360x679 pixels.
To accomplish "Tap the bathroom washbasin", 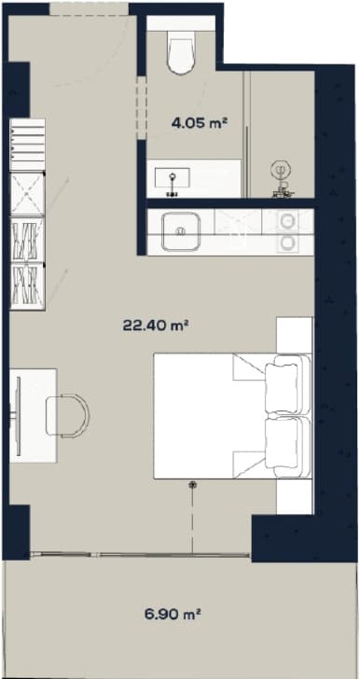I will click(x=173, y=173).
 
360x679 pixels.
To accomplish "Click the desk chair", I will click(x=66, y=413).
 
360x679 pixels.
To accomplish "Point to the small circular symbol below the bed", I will click(x=194, y=484).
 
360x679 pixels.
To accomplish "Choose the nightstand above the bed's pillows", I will click(x=296, y=335).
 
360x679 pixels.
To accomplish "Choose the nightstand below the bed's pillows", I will click(x=296, y=492).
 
